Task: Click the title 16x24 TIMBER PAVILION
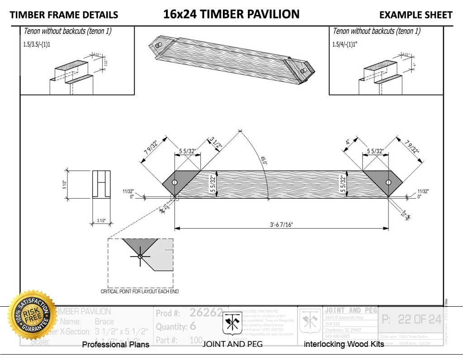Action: (231, 14)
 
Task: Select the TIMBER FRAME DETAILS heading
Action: (64, 15)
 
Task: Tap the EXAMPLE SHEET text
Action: (416, 15)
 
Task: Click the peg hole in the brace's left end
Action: (175, 182)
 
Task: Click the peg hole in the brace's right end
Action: (388, 182)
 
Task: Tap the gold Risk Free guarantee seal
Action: (32, 315)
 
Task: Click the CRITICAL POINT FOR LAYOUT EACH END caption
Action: (140, 291)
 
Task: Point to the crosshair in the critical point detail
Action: (140, 257)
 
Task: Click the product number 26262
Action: (206, 313)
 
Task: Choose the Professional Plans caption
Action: (115, 345)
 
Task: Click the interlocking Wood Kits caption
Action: (344, 345)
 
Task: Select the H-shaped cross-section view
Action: (101, 184)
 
